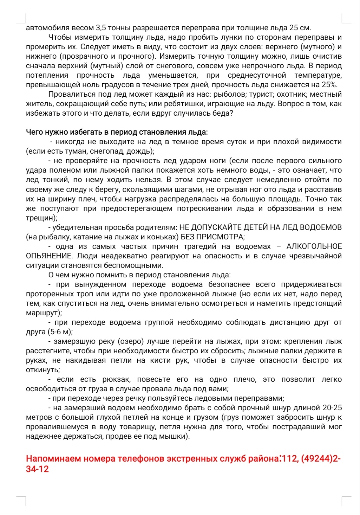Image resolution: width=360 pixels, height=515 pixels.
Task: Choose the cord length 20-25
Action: pos(332,408)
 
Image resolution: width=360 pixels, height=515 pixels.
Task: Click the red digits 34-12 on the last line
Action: pos(37,469)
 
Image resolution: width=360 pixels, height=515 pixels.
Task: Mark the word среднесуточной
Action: pos(257,75)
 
